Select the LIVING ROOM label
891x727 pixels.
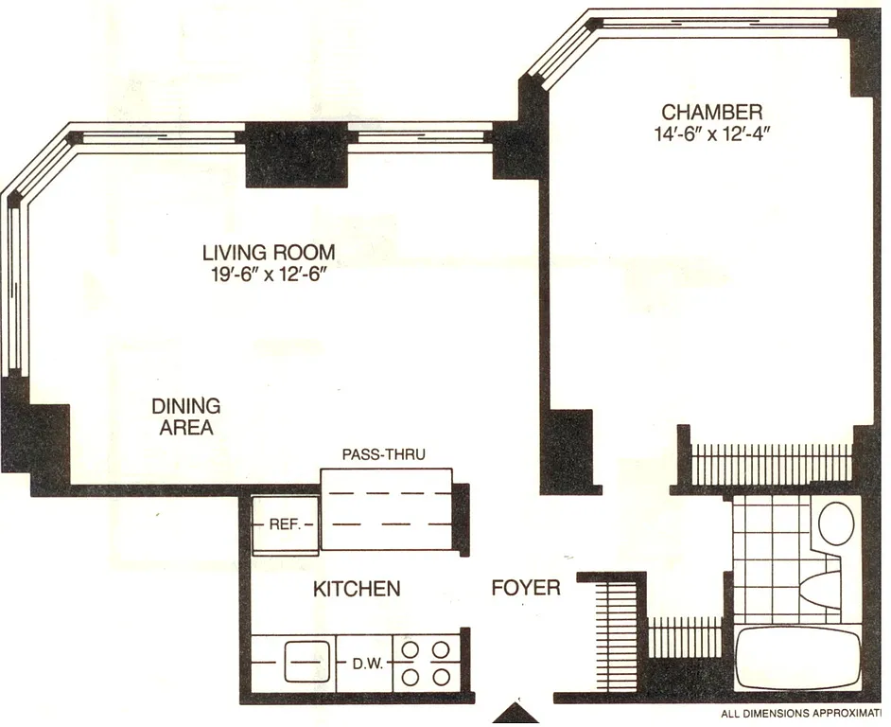tap(269, 253)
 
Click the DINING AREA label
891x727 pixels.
tap(185, 417)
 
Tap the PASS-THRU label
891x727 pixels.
tap(383, 454)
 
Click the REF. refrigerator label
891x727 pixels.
tap(284, 523)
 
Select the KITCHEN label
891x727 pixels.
tap(356, 589)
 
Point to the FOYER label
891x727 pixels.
tap(525, 588)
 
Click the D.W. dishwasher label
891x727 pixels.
tap(367, 663)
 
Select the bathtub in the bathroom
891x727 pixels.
tap(797, 659)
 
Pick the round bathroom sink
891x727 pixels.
tap(836, 522)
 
